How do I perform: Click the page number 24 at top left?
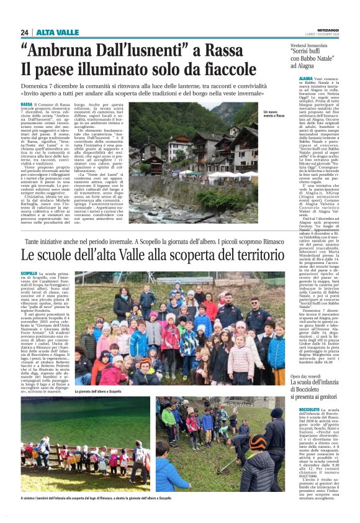[x=24, y=32]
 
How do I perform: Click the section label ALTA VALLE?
[x=57, y=32]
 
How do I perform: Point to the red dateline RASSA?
[x=27, y=104]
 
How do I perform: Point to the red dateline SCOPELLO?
[x=29, y=274]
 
